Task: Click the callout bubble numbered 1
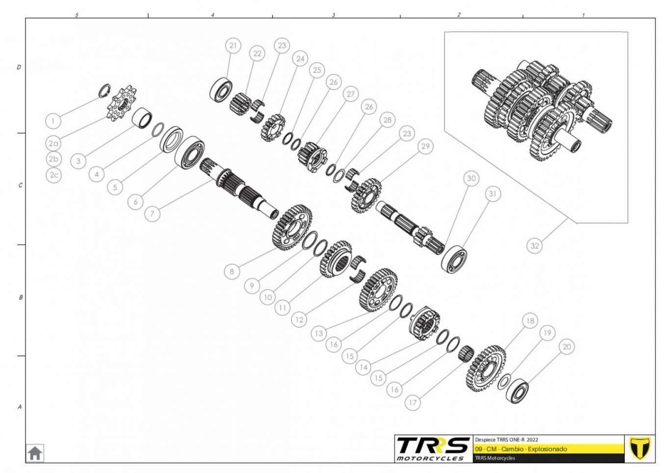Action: coord(53,121)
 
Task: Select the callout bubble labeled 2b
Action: coord(53,159)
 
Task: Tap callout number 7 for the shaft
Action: coord(152,214)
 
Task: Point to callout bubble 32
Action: coord(535,246)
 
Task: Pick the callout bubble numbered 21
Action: coord(233,46)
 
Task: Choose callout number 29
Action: coord(425,146)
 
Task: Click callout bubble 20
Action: coord(567,347)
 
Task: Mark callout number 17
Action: coord(413,402)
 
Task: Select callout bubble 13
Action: coord(319,333)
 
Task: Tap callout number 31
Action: coord(493,194)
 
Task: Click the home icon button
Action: coord(35,453)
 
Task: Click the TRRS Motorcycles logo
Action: coord(433,448)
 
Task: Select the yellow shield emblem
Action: coord(640,448)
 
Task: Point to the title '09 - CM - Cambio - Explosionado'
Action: coord(521,449)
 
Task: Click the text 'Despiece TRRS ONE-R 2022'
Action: coord(506,440)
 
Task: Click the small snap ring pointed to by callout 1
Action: coord(104,91)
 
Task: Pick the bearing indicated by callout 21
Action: coord(221,89)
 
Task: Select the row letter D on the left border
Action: coord(19,67)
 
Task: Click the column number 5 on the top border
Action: coord(77,15)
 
